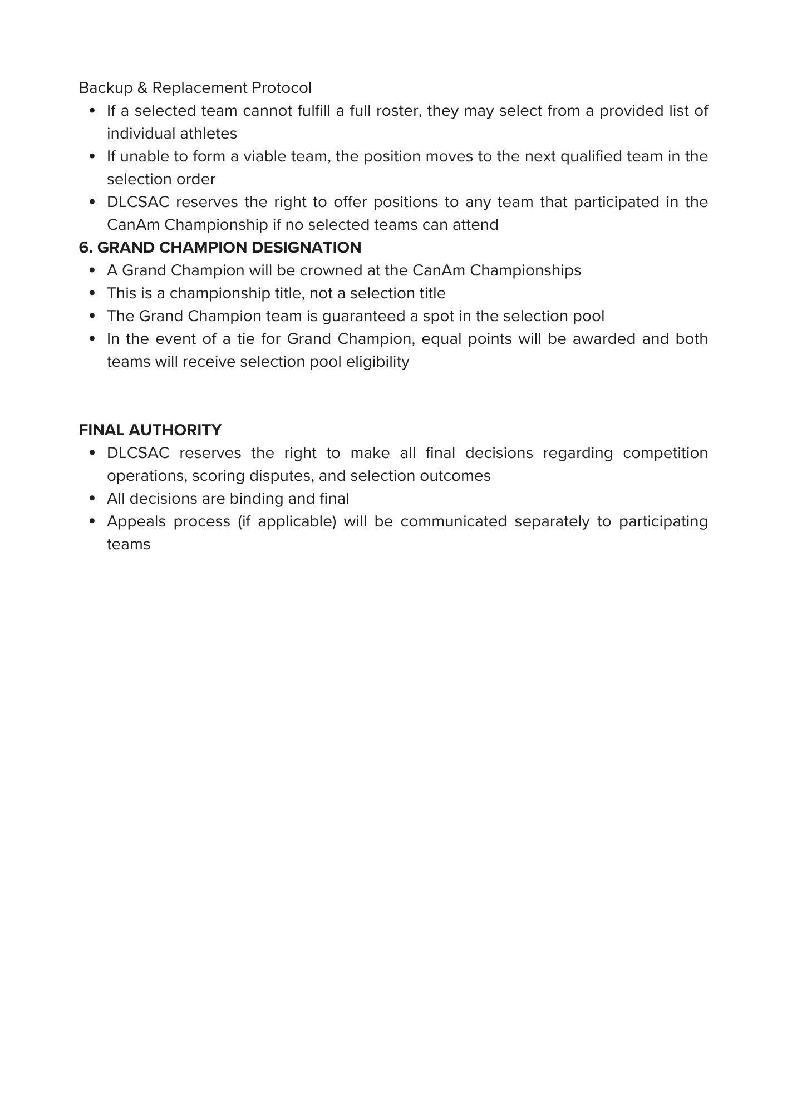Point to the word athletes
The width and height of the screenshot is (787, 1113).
[x=209, y=134]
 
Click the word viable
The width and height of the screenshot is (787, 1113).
[x=265, y=156]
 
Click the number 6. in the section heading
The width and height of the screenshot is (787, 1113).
[x=86, y=247]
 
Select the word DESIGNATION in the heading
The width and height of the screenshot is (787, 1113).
[x=307, y=247]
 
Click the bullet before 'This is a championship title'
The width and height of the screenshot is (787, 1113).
[x=93, y=293]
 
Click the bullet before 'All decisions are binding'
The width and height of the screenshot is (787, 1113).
[x=93, y=499]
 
